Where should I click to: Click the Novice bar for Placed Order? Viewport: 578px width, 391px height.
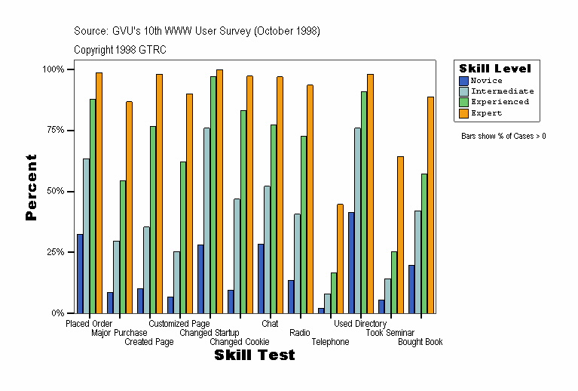pyautogui.click(x=80, y=273)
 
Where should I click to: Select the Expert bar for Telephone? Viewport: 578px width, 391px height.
pyautogui.click(x=340, y=258)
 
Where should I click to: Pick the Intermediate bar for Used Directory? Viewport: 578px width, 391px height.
pyautogui.click(x=358, y=220)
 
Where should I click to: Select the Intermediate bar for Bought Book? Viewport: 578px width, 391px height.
pyautogui.click(x=418, y=261)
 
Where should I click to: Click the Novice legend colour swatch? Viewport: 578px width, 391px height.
pyautogui.click(x=464, y=80)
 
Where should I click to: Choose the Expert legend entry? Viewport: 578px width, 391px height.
pyautogui.click(x=486, y=113)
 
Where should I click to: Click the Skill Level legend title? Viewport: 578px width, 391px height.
pyautogui.click(x=495, y=68)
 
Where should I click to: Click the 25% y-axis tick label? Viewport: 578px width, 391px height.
pyautogui.click(x=54, y=252)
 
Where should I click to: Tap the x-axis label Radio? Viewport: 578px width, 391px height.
pyautogui.click(x=299, y=333)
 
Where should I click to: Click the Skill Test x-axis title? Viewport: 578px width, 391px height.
pyautogui.click(x=254, y=356)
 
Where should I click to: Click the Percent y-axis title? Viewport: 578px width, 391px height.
pyautogui.click(x=31, y=187)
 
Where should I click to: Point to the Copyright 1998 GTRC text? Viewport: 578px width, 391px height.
pyautogui.click(x=120, y=50)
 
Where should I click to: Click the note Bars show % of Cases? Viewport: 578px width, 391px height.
pyautogui.click(x=503, y=137)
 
